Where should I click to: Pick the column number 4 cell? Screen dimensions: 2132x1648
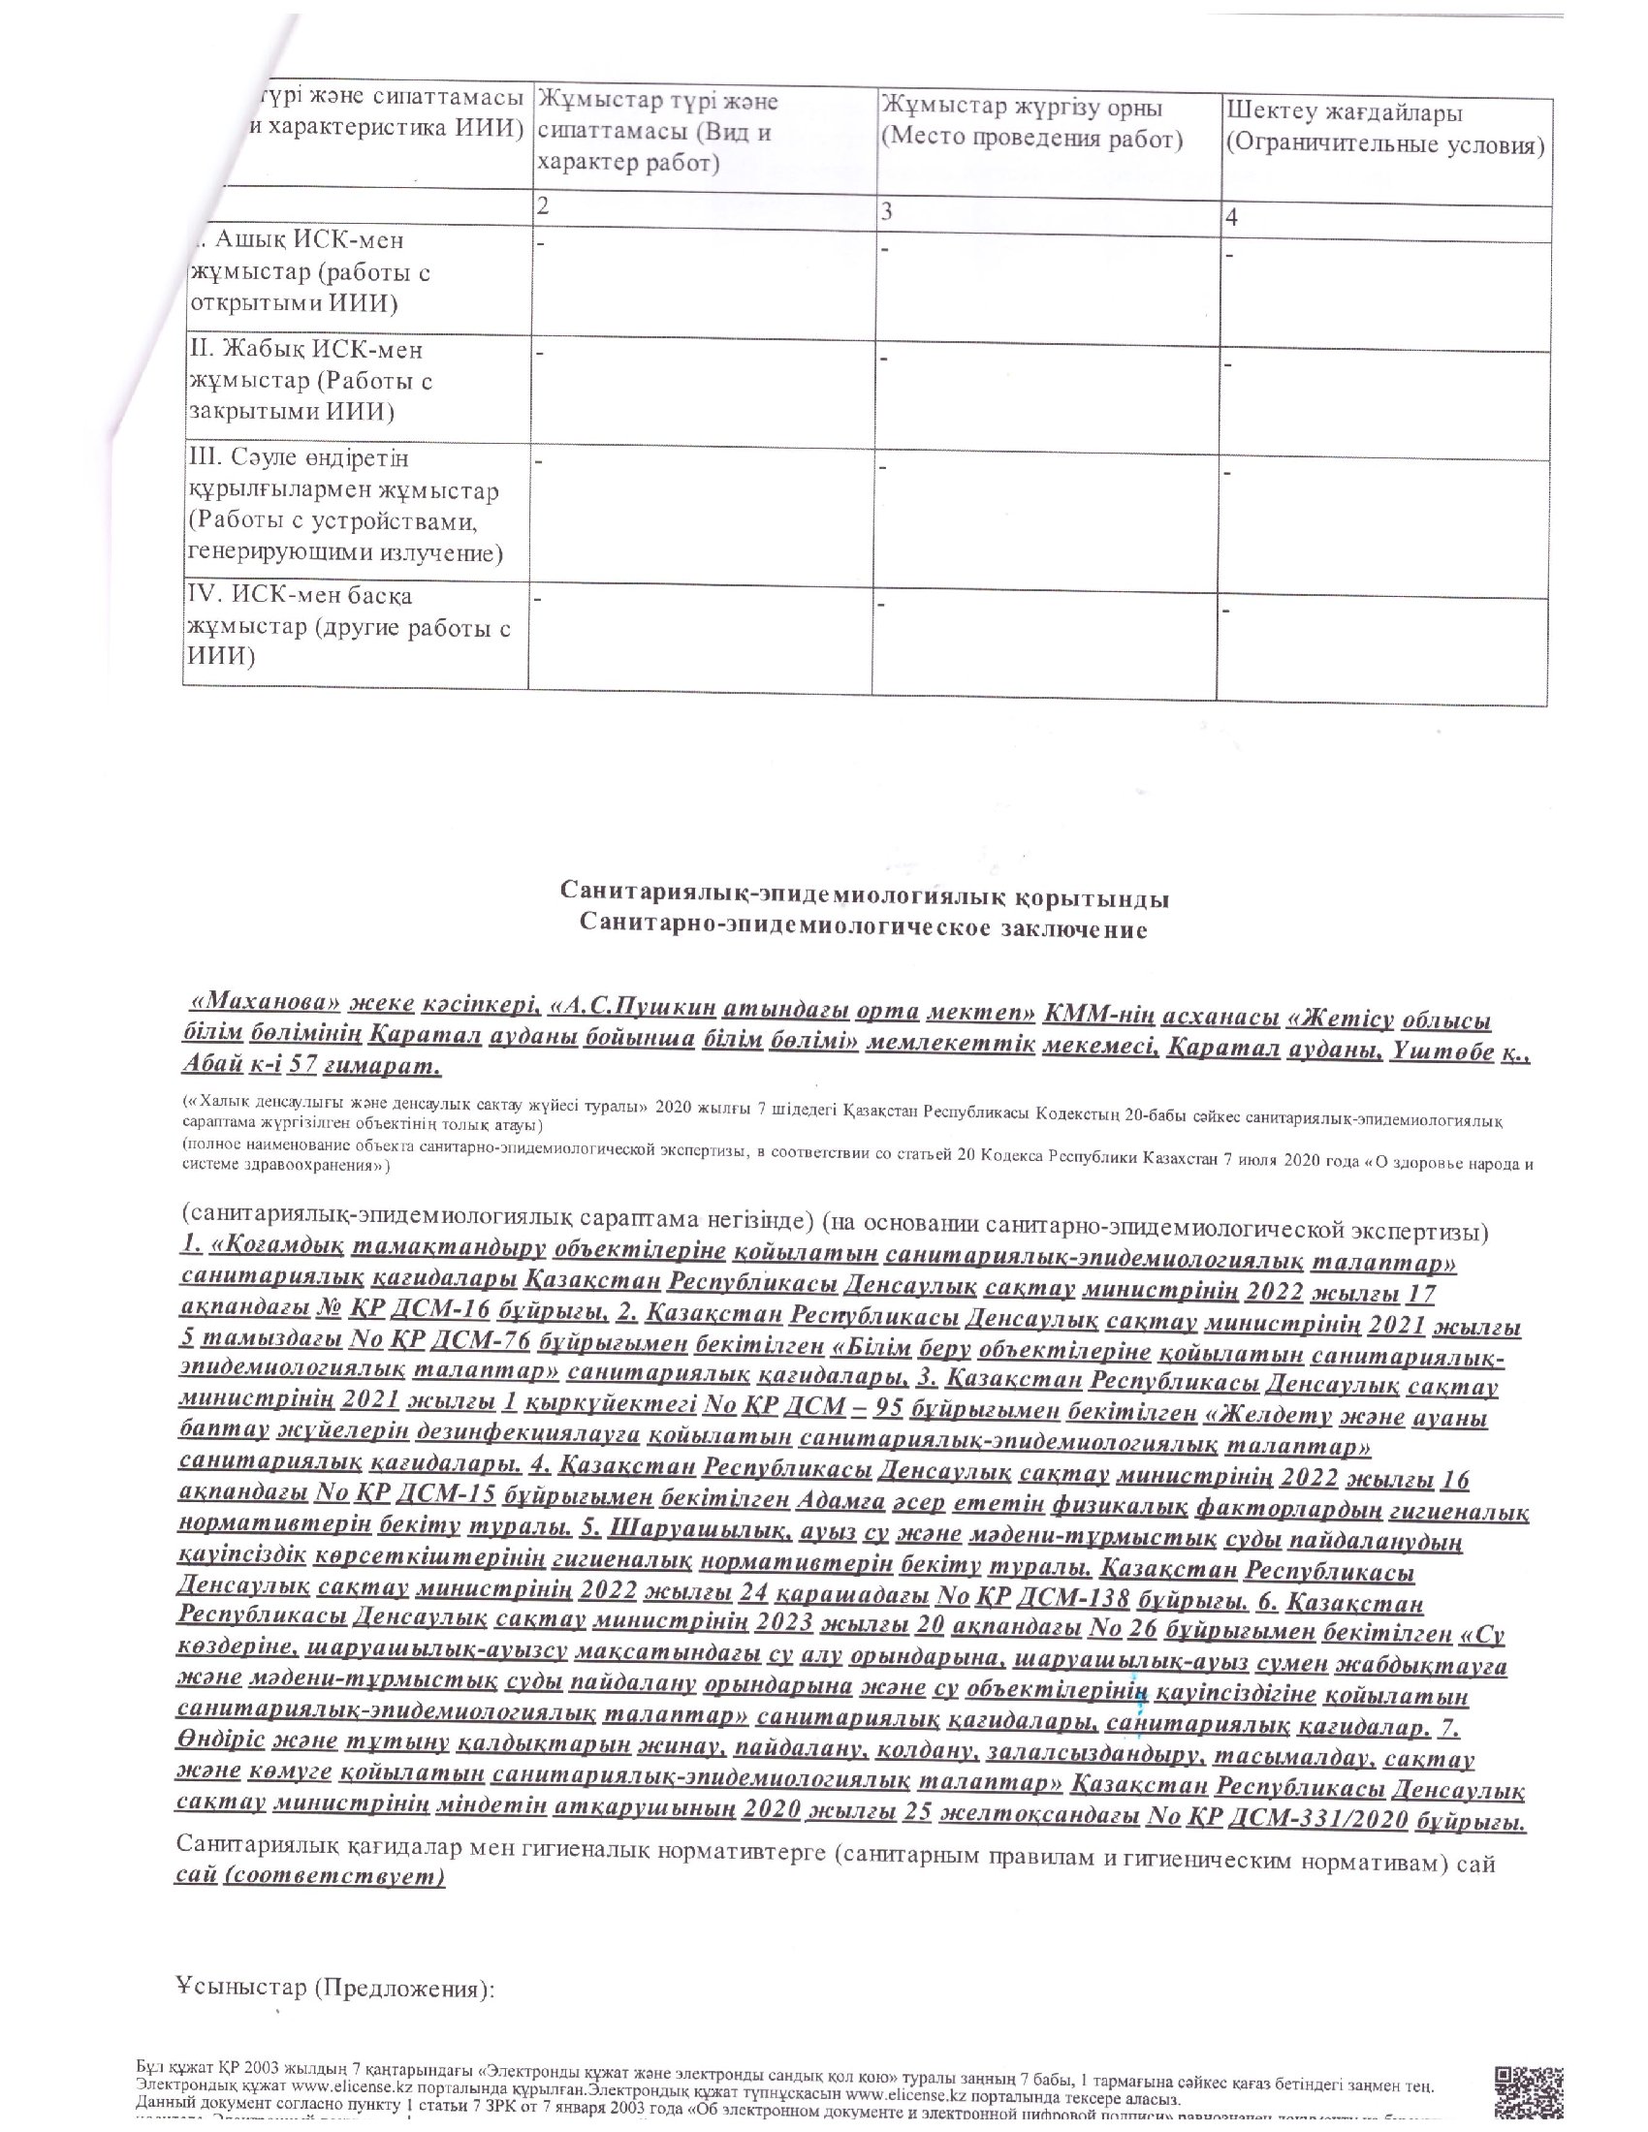(1232, 218)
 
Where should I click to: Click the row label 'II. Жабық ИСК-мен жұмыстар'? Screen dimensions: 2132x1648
(310, 380)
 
